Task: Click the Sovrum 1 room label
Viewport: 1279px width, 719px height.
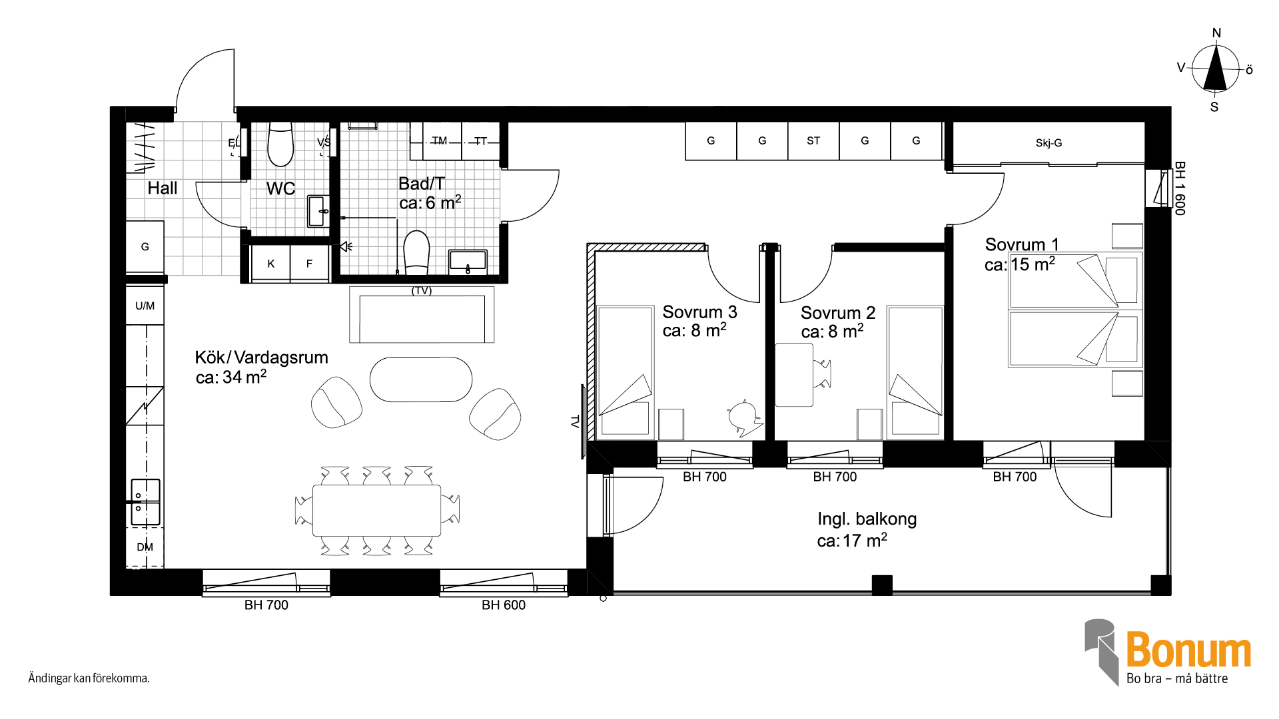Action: pos(1022,245)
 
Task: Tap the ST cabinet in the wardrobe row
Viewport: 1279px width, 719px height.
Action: pos(813,140)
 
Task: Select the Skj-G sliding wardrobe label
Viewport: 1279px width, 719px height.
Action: pos(1049,143)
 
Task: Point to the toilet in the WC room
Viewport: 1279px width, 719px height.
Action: pos(280,144)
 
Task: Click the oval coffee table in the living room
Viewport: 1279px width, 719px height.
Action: pos(421,379)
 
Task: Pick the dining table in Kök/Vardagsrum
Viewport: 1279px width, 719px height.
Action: pos(376,511)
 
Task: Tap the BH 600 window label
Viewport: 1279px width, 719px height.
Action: pos(504,605)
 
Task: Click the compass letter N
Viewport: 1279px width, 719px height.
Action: pos(1216,33)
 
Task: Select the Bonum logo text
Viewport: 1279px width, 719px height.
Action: pos(1188,650)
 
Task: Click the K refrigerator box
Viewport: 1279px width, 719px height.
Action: pos(270,264)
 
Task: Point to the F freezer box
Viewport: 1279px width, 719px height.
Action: pos(309,264)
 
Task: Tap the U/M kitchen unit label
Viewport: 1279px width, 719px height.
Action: pos(145,306)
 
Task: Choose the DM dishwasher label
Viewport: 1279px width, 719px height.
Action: pos(145,547)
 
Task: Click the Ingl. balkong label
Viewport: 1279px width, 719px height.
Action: pos(867,519)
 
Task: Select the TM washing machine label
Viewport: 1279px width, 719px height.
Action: pos(439,140)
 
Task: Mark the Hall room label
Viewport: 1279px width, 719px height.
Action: pos(163,188)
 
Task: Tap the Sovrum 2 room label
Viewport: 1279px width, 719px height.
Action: pos(838,313)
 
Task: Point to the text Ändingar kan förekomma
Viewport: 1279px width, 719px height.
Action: pos(89,678)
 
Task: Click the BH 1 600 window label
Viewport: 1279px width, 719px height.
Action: pos(1180,188)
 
